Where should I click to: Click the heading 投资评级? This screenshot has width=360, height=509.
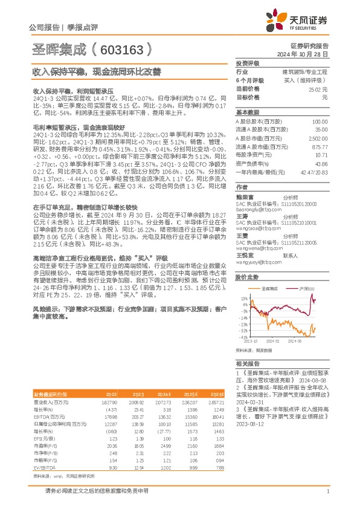[248, 63]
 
